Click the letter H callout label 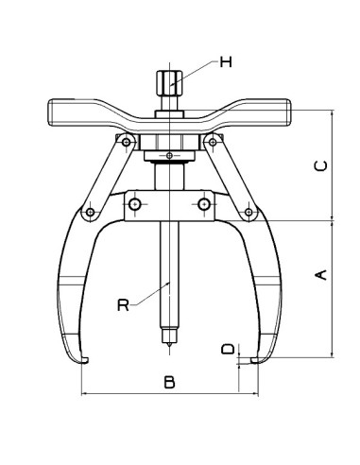point(226,62)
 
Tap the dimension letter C point(320,164)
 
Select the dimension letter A point(320,274)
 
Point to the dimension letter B point(168,382)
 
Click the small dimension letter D point(227,350)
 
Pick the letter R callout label point(122,304)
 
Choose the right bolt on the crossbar point(202,204)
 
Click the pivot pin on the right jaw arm point(249,210)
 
